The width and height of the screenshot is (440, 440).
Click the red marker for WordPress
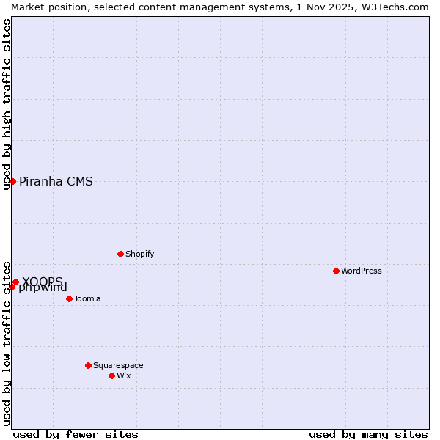[x=336, y=271]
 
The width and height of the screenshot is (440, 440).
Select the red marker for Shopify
[x=120, y=254]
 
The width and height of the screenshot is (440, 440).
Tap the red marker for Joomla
[x=69, y=298]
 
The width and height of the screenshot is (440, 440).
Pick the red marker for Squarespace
[x=88, y=365]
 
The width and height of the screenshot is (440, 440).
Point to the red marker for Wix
[x=111, y=375]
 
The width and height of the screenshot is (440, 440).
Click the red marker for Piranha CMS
[x=12, y=181]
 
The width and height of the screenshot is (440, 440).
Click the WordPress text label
[x=362, y=271]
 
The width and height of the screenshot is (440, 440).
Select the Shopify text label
[x=139, y=254]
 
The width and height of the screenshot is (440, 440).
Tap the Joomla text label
[x=87, y=298]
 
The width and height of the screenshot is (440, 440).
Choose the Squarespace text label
[x=118, y=365]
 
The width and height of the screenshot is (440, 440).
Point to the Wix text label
[x=123, y=375]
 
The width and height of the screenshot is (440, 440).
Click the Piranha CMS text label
[x=56, y=182]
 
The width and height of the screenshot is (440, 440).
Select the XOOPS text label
[x=43, y=281]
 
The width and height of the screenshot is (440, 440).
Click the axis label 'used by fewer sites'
[x=76, y=434]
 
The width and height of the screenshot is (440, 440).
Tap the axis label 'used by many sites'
[x=368, y=434]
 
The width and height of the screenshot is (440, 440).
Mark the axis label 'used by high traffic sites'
[x=7, y=104]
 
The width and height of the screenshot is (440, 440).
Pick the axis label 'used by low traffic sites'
[x=7, y=343]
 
